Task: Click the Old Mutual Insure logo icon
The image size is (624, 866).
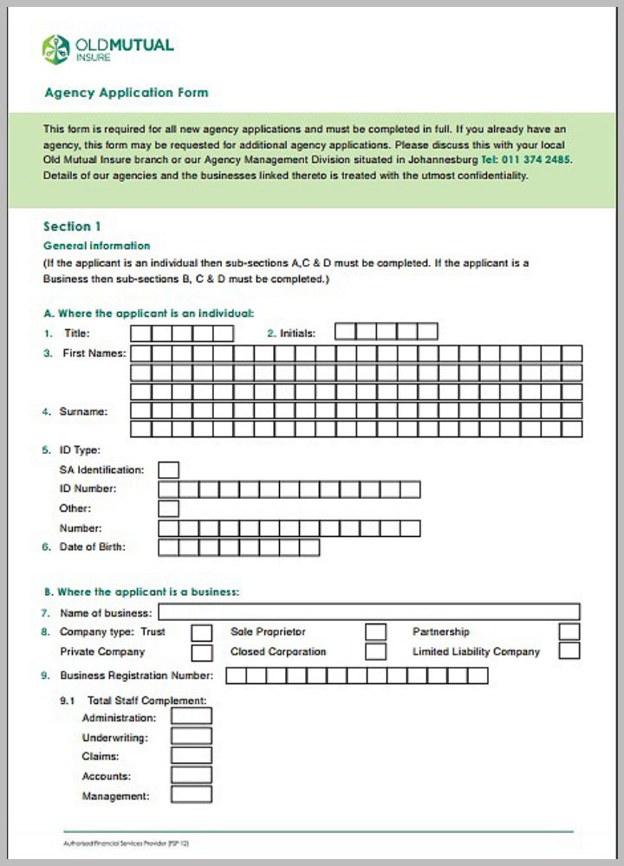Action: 55,49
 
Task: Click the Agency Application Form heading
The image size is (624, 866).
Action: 126,93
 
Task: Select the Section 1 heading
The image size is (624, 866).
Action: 72,226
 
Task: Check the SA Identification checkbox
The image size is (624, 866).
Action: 169,470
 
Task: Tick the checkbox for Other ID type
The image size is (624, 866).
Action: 169,508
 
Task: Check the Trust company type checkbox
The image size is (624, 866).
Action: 201,632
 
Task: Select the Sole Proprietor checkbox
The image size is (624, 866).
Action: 375,632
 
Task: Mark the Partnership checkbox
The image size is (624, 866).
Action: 569,632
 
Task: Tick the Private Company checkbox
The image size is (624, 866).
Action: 201,652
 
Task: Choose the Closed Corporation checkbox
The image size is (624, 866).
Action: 375,651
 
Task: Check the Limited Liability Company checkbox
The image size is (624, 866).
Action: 569,651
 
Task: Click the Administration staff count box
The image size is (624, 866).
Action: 192,717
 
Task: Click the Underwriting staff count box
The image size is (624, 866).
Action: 192,737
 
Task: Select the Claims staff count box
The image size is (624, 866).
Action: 192,756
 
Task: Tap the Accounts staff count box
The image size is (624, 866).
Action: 192,776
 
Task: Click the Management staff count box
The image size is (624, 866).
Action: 192,795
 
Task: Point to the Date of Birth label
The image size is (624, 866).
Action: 92,546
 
